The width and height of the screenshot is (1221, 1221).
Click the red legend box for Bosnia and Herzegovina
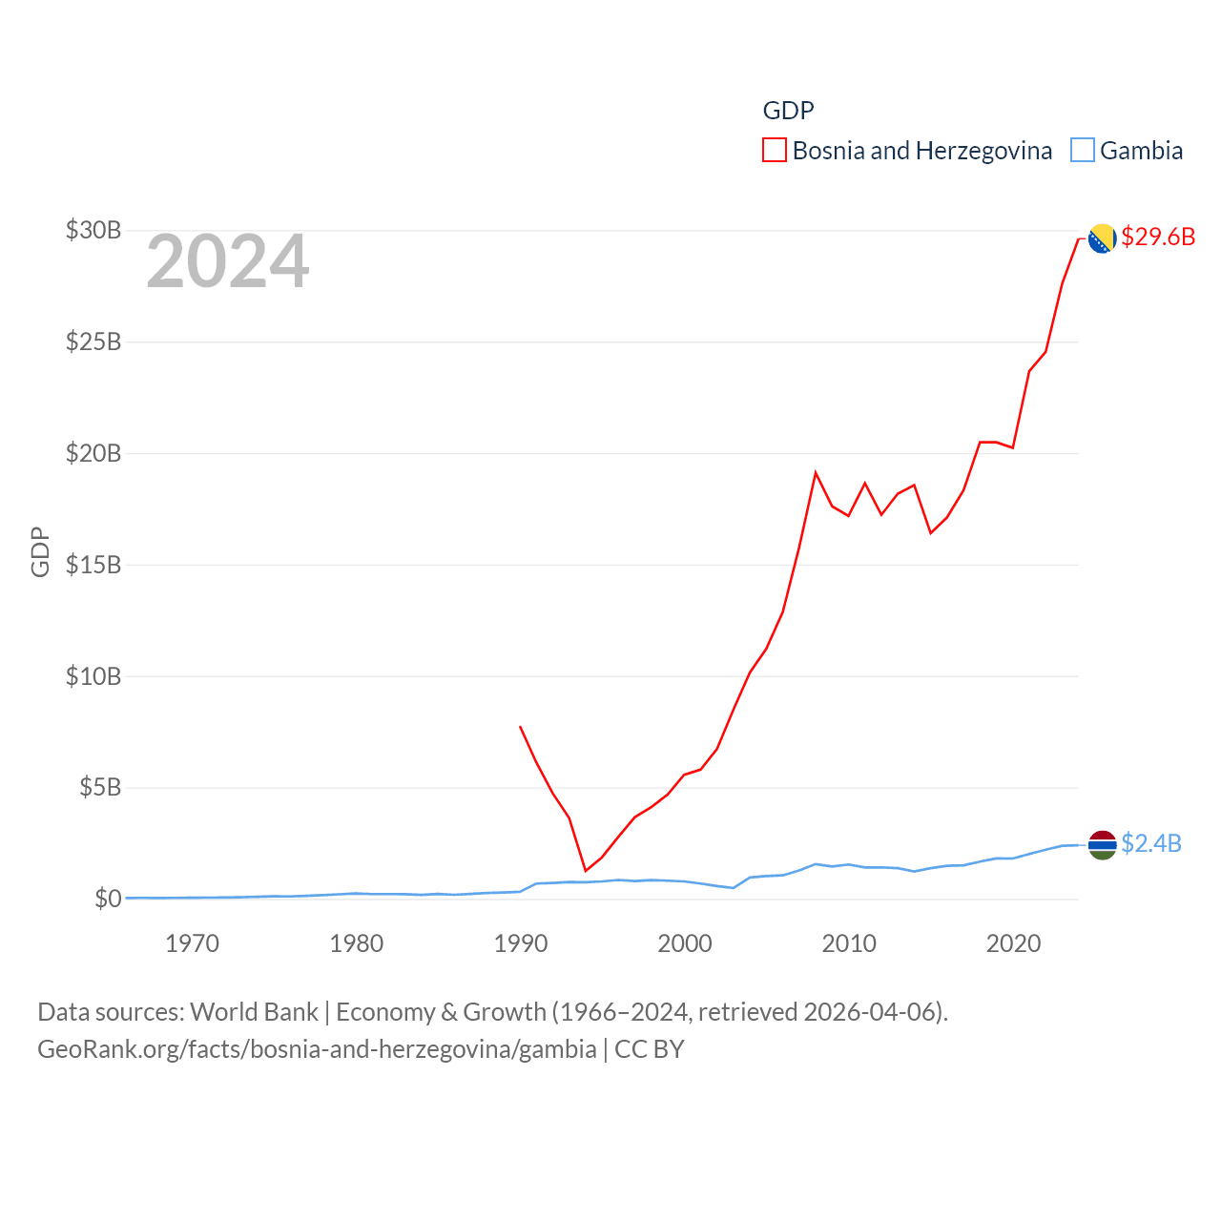775,151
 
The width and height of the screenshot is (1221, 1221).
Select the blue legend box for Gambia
1082,151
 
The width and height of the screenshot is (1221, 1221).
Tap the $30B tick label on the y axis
93,230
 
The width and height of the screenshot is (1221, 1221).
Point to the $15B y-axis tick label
93,565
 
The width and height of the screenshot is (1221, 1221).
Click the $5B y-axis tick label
100,787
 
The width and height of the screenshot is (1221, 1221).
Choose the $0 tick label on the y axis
108,899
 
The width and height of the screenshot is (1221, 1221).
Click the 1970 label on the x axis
192,943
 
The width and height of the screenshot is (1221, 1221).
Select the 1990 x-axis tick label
521,943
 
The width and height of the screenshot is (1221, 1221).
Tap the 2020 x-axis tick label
1013,943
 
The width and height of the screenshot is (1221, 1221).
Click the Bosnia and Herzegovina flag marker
1102,238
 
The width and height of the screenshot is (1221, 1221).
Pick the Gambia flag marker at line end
1102,844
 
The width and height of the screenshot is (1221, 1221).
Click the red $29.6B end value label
1158,237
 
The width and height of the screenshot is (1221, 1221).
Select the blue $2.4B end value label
1151,843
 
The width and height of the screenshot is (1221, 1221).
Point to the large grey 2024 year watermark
227,261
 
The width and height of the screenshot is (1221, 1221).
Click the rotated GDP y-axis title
40,551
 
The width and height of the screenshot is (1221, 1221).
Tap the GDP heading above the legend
788,111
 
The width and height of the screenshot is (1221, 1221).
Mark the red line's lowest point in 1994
586,871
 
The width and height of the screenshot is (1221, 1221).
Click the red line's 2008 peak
816,472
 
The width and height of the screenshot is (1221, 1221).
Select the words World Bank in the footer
254,1011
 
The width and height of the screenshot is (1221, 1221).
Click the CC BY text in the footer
649,1049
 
